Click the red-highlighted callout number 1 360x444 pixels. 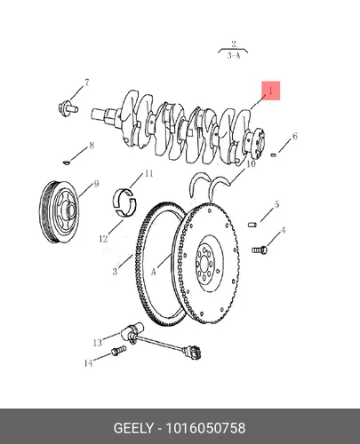(x=270, y=91)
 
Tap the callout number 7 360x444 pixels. (x=87, y=83)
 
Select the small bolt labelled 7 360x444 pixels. (x=68, y=107)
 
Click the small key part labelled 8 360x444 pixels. (x=67, y=163)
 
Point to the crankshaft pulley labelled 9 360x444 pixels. (x=60, y=211)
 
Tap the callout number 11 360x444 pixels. (x=148, y=173)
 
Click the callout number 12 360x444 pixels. (x=103, y=239)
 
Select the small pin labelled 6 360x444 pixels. (x=274, y=155)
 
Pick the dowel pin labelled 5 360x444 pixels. (x=252, y=225)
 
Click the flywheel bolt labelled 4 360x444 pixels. (x=260, y=250)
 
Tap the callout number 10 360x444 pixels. (x=251, y=163)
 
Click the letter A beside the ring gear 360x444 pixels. (x=153, y=272)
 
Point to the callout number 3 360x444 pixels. (x=115, y=271)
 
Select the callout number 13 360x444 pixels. (x=98, y=343)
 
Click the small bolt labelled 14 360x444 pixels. (x=118, y=351)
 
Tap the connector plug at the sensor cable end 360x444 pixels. (x=192, y=353)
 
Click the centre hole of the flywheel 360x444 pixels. (x=204, y=263)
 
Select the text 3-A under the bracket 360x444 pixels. (x=234, y=55)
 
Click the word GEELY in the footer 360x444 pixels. (x=133, y=428)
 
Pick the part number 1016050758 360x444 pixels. (x=205, y=428)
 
